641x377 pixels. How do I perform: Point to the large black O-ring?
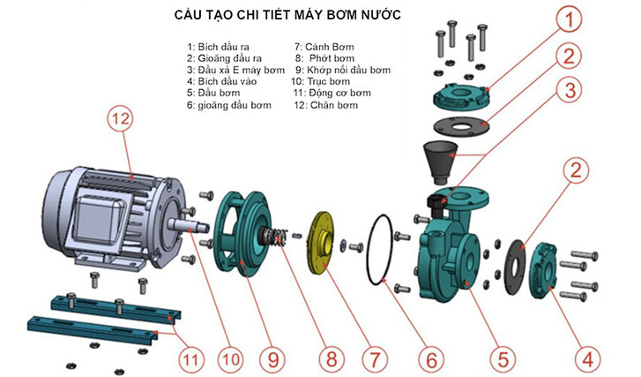[x=386, y=250]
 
